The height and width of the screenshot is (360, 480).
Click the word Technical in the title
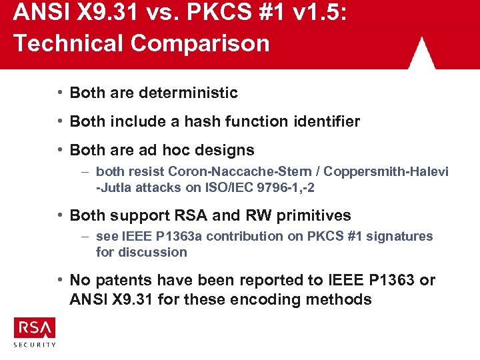[69, 43]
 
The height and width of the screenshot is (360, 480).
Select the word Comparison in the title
[201, 43]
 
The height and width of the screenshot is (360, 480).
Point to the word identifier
[323, 121]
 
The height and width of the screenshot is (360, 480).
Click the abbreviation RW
[253, 215]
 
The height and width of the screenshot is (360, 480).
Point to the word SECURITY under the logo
[35, 345]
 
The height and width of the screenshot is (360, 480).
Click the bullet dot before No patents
[60, 280]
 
